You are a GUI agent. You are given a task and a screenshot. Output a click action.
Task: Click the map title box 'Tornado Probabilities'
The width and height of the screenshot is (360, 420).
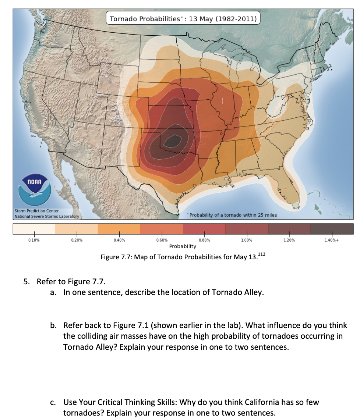click(183, 18)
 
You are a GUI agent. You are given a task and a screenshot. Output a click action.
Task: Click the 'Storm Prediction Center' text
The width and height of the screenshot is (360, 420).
click(35, 211)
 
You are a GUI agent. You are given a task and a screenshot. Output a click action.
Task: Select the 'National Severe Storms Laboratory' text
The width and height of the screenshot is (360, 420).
click(46, 216)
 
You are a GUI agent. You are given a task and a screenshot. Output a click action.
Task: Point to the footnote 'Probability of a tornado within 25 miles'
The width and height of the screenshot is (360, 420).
click(232, 215)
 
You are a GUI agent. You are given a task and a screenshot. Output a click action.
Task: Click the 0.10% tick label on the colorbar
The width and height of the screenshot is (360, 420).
click(34, 240)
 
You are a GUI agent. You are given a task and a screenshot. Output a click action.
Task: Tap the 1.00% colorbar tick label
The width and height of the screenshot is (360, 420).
click(246, 240)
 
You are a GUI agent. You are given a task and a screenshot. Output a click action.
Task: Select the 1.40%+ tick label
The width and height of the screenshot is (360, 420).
click(332, 240)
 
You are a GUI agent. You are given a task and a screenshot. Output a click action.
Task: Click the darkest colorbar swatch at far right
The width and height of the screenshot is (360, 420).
click(332, 229)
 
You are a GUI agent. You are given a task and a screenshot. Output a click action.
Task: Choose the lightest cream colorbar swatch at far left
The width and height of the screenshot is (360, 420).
click(34, 229)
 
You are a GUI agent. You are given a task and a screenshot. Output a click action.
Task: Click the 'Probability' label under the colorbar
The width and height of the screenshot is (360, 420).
click(183, 246)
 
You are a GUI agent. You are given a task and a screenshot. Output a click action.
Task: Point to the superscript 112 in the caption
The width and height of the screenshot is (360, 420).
click(261, 254)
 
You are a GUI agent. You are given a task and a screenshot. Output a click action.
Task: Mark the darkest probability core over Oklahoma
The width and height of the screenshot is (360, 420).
click(172, 140)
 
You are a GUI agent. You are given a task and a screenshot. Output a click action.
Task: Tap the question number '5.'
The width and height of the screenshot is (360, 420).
click(27, 282)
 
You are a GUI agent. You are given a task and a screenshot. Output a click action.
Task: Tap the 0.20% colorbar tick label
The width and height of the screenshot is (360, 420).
click(77, 240)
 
